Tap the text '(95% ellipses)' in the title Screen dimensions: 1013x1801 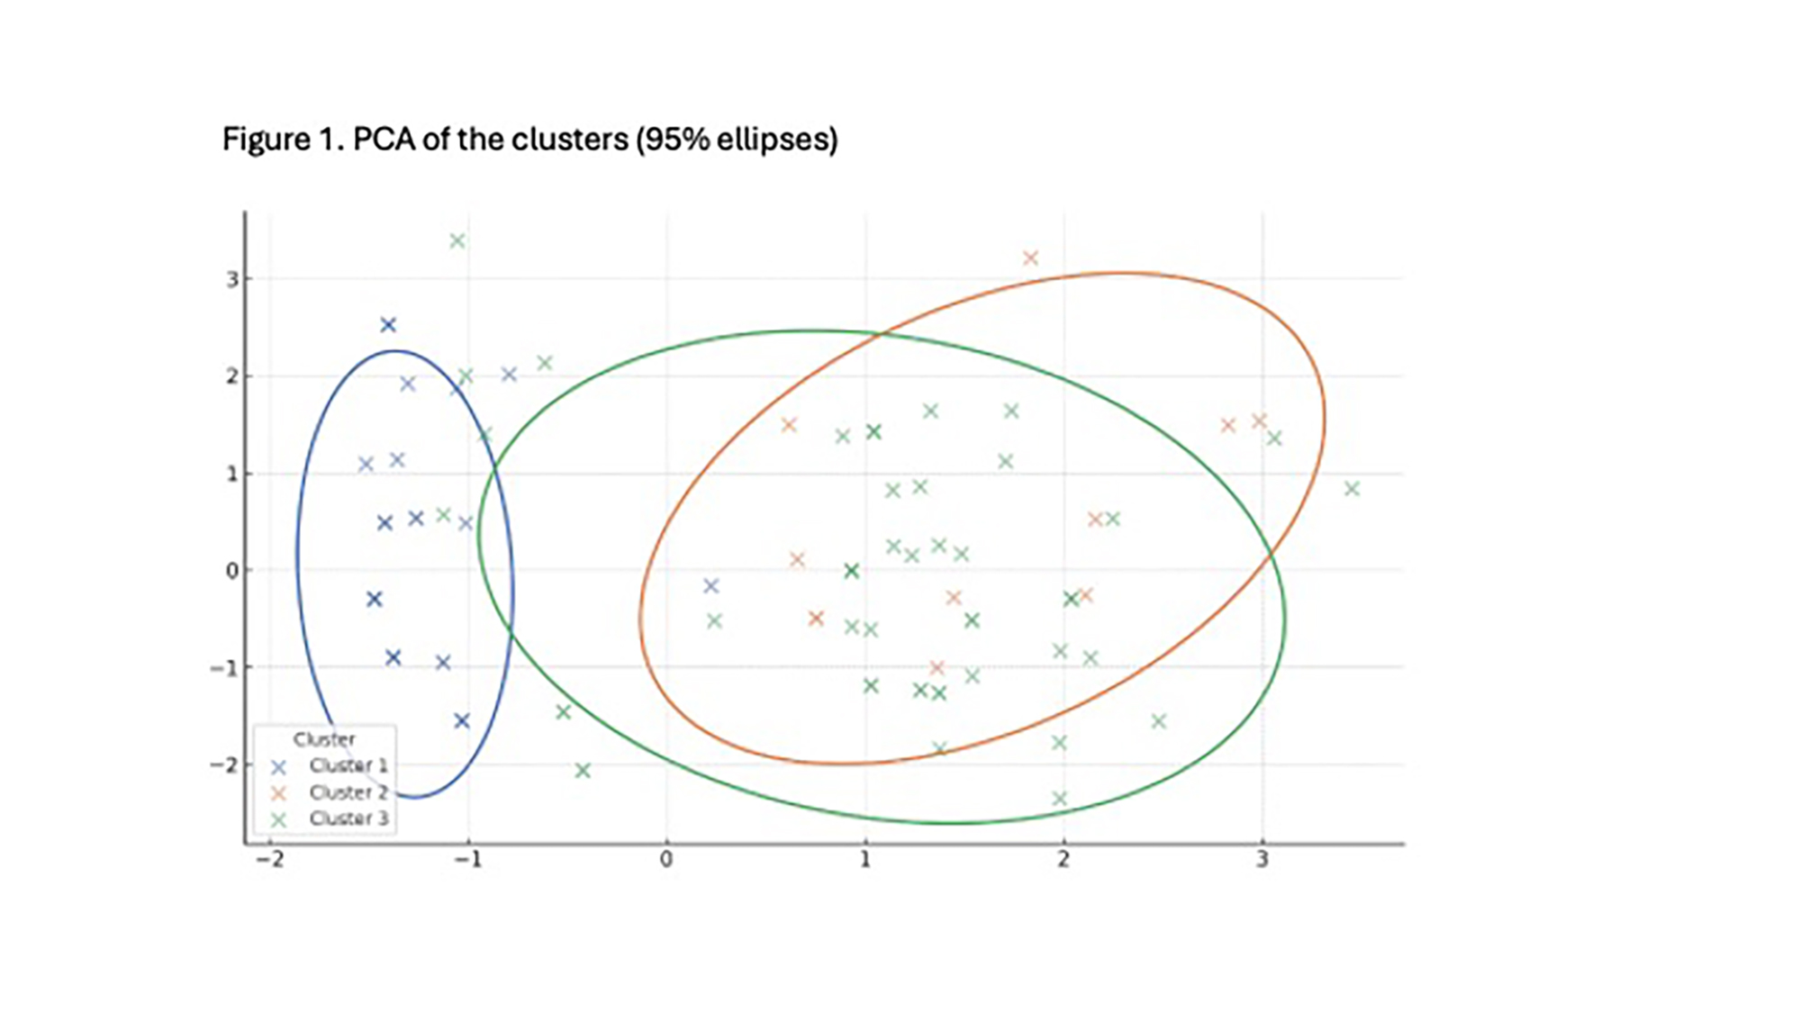click(737, 140)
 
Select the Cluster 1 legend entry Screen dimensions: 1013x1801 click(348, 765)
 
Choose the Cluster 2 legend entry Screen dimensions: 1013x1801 click(348, 792)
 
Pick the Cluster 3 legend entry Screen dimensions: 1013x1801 click(348, 819)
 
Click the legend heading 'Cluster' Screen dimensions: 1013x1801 click(324, 739)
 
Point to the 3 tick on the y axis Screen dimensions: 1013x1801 click(232, 279)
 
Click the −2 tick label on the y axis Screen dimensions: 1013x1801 click(224, 764)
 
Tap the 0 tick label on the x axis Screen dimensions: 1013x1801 click(666, 860)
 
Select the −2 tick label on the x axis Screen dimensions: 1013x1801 click(269, 860)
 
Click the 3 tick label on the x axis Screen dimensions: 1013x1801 click(1263, 860)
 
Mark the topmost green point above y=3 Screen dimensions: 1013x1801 click(457, 240)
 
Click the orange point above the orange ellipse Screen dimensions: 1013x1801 click(1031, 258)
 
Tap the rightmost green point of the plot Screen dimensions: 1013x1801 click(1352, 489)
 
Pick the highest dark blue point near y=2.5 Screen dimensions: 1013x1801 click(388, 325)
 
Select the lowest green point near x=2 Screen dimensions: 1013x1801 click(1060, 799)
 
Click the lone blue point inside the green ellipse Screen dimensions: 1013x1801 click(711, 586)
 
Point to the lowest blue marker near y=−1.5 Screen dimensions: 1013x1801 click(462, 720)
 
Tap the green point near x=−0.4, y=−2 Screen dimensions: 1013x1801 click(583, 771)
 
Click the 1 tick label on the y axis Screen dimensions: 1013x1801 click(232, 474)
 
